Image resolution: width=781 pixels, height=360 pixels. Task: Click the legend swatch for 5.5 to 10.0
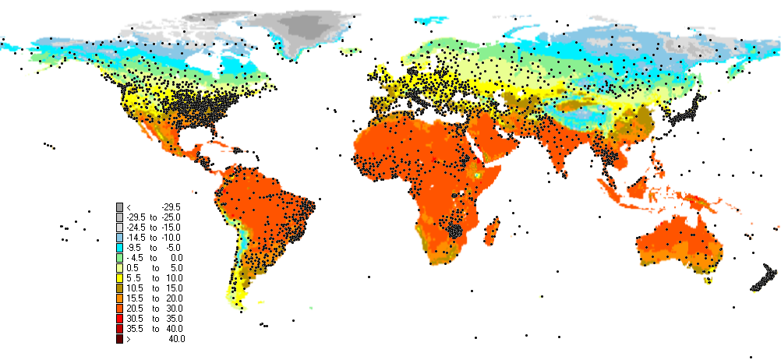(x=119, y=277)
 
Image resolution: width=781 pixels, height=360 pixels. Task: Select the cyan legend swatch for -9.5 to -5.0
(x=119, y=247)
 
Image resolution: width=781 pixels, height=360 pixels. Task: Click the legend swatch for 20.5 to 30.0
(x=119, y=308)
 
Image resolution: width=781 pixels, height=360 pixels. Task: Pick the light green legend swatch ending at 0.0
(x=119, y=257)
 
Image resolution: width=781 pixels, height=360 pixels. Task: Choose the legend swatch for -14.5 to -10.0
(x=119, y=237)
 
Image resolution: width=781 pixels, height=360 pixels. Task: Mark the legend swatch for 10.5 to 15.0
(x=119, y=288)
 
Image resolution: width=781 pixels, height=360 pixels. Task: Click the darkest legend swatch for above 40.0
(x=119, y=338)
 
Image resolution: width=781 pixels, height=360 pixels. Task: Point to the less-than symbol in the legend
(x=129, y=206)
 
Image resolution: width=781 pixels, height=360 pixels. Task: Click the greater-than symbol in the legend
(x=129, y=338)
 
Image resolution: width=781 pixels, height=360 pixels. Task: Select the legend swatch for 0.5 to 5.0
(x=119, y=267)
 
